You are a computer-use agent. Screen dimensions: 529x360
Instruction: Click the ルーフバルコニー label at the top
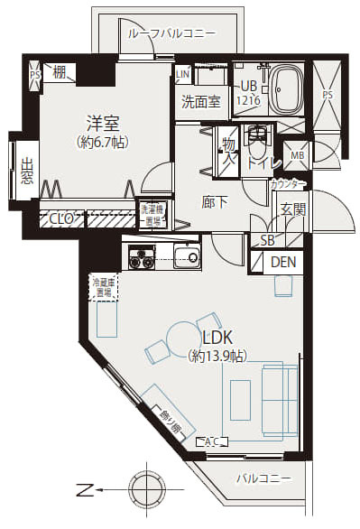point(171,32)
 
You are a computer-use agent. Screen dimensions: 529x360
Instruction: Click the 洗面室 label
point(200,102)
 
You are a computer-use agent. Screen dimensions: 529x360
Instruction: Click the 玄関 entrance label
point(292,209)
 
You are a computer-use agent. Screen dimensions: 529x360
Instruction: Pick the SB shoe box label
point(268,240)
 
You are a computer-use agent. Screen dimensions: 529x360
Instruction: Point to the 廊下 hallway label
point(214,201)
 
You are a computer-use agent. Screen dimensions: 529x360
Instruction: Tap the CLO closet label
point(62,218)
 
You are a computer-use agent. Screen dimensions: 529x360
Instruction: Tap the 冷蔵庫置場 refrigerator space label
point(102,287)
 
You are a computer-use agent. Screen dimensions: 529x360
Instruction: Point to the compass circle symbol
point(143,491)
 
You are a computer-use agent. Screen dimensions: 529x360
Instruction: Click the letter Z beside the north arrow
point(84,491)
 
